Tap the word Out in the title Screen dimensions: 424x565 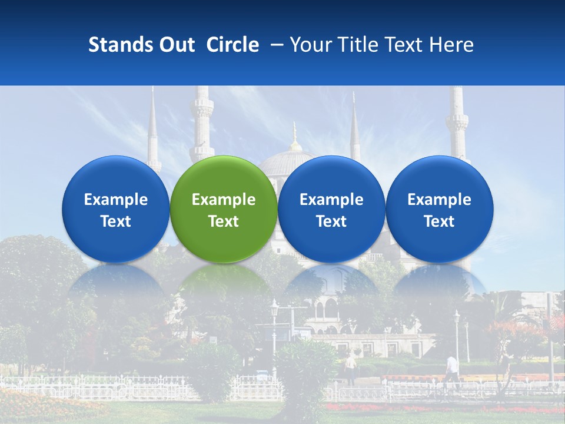pyautogui.click(x=175, y=45)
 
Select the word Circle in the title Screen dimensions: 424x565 pyautogui.click(x=232, y=45)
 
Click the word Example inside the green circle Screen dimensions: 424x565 pyautogui.click(x=224, y=200)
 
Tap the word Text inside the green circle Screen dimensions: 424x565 pyautogui.click(x=224, y=221)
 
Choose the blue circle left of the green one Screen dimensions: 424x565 pyautogui.click(x=115, y=209)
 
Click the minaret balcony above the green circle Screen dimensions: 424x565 pyautogui.click(x=202, y=109)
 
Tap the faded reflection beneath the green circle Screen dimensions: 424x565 pyautogui.click(x=224, y=283)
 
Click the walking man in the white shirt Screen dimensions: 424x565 pyautogui.click(x=451, y=368)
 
